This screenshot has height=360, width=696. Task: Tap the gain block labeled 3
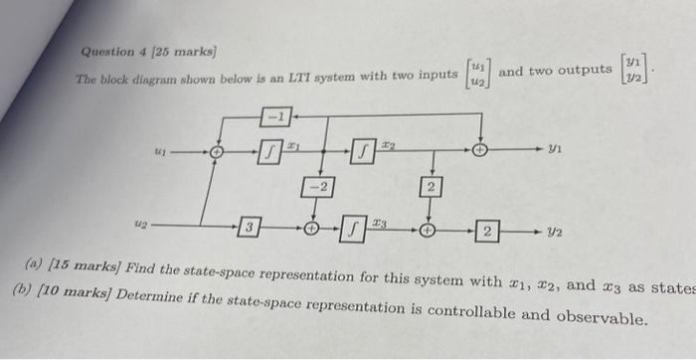coord(251,229)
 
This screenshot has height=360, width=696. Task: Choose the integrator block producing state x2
coord(364,152)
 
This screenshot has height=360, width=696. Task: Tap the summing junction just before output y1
coord(480,152)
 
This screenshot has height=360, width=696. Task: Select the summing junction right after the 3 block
coord(313,229)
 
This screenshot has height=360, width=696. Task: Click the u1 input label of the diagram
coord(159,153)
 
